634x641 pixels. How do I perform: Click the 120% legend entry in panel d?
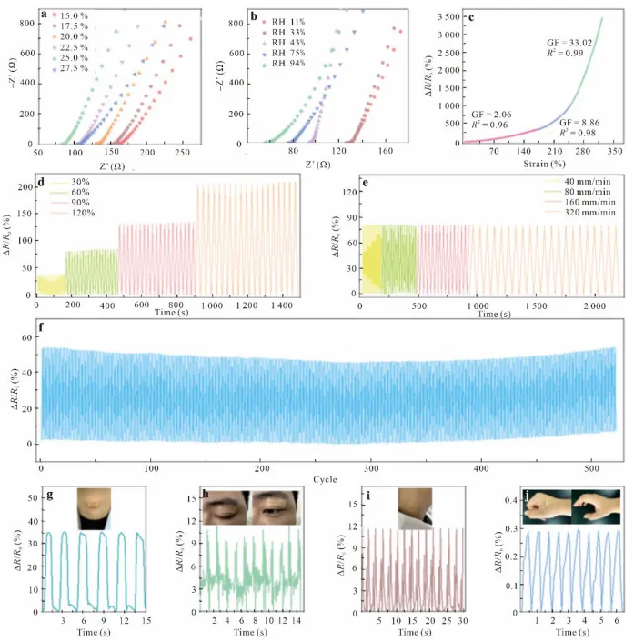coord(85,212)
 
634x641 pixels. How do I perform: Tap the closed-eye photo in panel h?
coord(226,507)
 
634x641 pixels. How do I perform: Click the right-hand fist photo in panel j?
coord(596,506)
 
